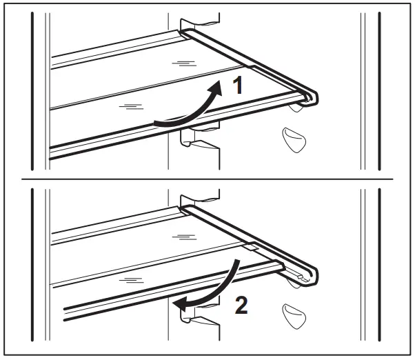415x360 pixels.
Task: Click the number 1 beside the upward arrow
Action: pyautogui.click(x=236, y=86)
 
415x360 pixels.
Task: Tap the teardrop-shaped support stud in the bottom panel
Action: pyautogui.click(x=293, y=315)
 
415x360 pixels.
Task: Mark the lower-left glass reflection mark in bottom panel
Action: pyautogui.click(x=130, y=279)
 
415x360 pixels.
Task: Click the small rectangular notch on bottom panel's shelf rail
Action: pyautogui.click(x=250, y=246)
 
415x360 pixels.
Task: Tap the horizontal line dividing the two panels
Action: pyautogui.click(x=207, y=180)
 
